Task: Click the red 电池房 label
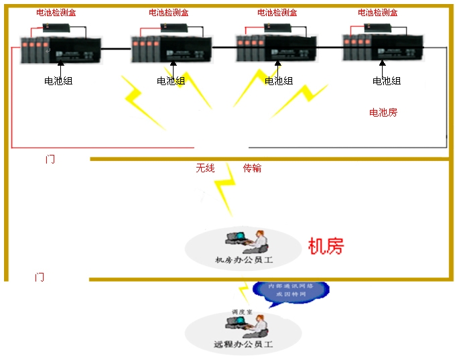point(383,112)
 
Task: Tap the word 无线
point(205,168)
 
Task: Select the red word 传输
point(252,168)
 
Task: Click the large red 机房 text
point(326,246)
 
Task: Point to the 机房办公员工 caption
point(243,259)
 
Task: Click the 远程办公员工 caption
point(244,345)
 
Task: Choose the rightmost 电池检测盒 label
point(378,12)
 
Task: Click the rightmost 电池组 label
point(387,81)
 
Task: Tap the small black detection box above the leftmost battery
point(52,27)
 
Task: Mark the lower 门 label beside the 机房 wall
point(40,277)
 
